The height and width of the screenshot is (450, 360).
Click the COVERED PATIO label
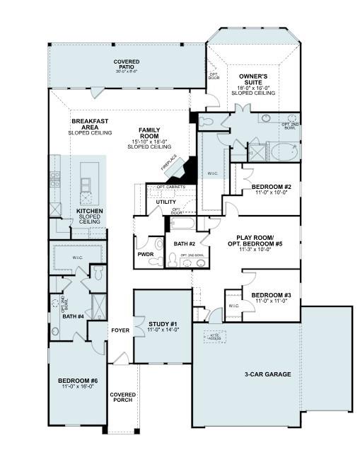coord(127,62)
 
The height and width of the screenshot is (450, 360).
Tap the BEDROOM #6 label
coord(77,381)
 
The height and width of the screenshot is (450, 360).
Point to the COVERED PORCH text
coord(123,397)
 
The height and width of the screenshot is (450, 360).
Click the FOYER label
coord(120,330)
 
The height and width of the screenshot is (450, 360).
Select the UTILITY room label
coord(166,202)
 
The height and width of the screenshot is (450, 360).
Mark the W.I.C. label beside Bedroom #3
coord(233,306)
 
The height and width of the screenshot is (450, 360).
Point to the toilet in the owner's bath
coord(207,122)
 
